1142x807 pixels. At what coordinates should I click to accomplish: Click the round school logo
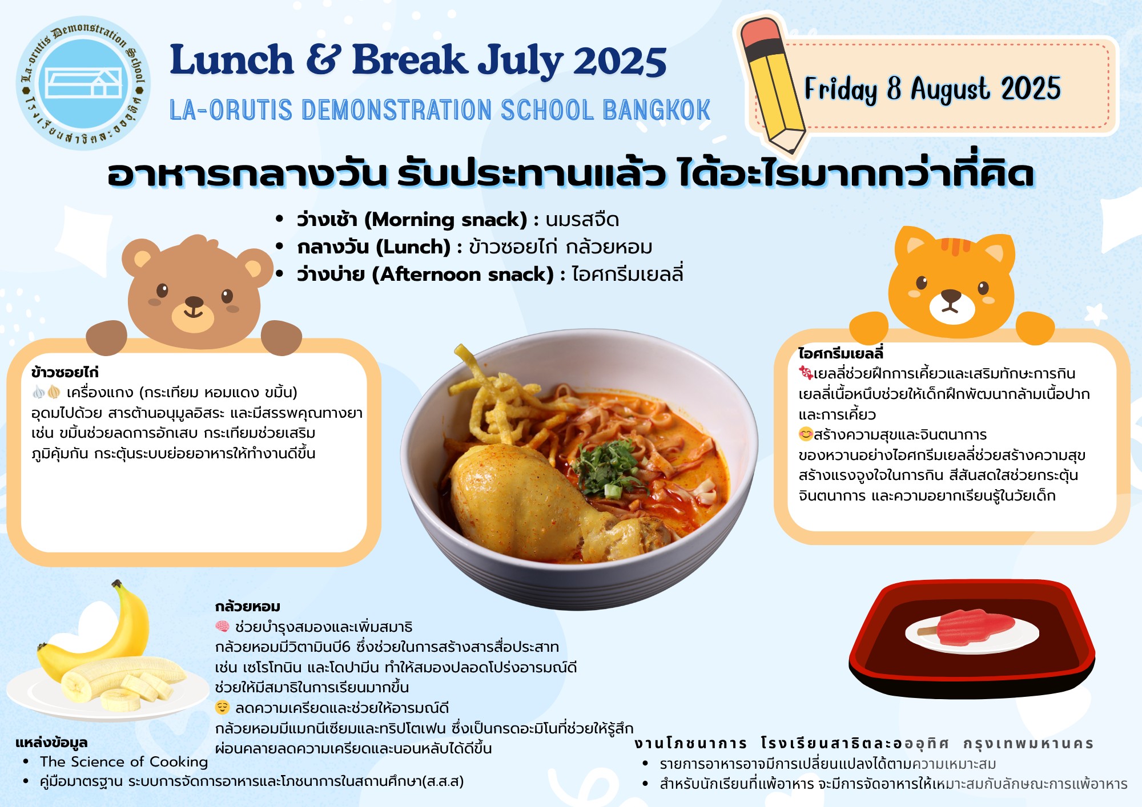(x=84, y=83)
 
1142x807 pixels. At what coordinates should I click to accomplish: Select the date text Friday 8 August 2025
(x=932, y=89)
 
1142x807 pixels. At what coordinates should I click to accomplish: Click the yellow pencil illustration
(x=772, y=86)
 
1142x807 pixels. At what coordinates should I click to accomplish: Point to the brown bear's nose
(x=194, y=302)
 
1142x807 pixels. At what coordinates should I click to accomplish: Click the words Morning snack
(x=445, y=220)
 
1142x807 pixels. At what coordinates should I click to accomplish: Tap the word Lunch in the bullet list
(x=413, y=247)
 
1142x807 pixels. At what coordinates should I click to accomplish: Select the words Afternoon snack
(x=463, y=275)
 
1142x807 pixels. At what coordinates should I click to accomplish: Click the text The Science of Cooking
(x=124, y=762)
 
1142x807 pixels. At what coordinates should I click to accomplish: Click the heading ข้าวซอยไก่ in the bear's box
(x=65, y=373)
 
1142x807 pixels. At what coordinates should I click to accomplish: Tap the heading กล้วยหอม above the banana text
(x=248, y=607)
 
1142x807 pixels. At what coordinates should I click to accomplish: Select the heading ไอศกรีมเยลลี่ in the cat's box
(x=841, y=353)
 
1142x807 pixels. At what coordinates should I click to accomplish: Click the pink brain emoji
(x=222, y=627)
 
